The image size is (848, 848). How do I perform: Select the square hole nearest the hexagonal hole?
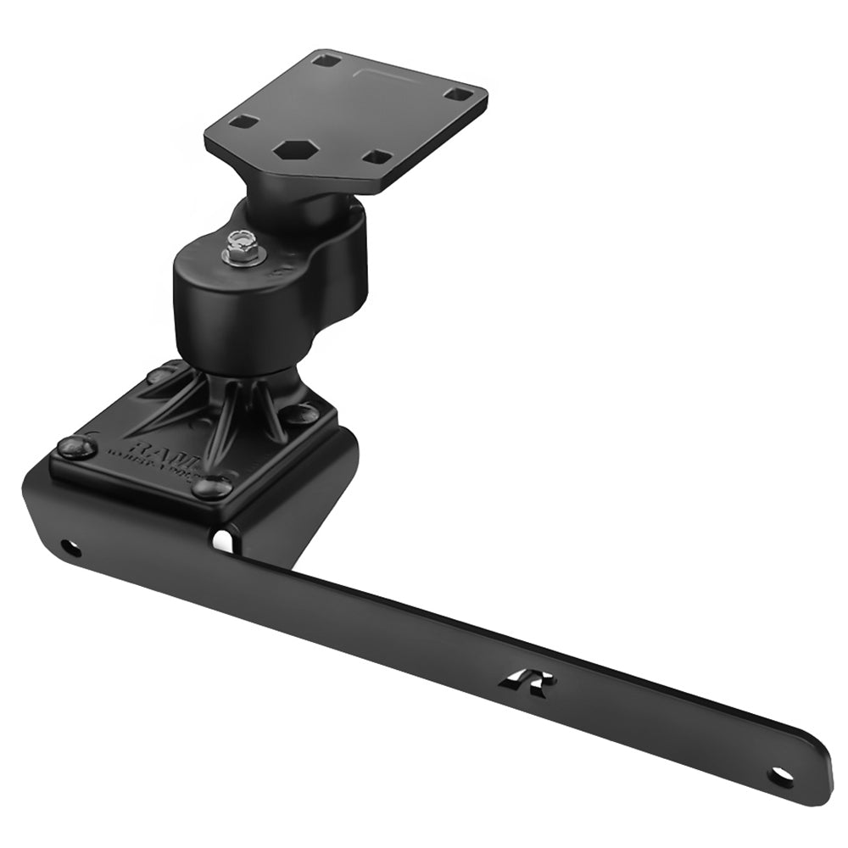tap(243, 121)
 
